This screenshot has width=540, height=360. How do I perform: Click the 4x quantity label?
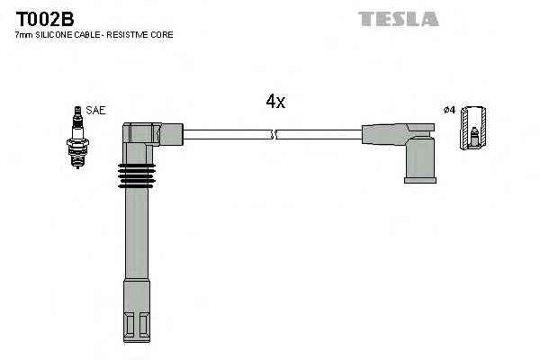[x=275, y=102]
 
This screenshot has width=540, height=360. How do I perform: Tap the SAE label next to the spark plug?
[x=96, y=110]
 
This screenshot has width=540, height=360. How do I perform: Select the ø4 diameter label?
[x=449, y=111]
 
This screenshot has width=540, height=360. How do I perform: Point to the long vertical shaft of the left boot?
[x=137, y=243]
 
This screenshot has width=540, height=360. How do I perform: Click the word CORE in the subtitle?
[x=163, y=34]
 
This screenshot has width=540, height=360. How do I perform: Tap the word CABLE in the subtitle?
[x=90, y=34]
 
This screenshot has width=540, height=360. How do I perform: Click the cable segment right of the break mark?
[x=319, y=135]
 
